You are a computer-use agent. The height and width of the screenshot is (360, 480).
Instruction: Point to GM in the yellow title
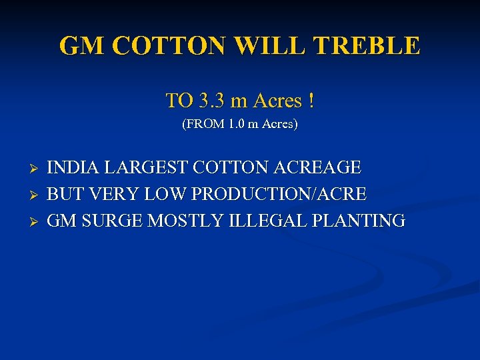pos(83,46)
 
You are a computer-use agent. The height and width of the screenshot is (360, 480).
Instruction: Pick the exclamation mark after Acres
pos(311,101)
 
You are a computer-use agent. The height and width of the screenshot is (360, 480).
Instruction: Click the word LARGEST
pos(143,167)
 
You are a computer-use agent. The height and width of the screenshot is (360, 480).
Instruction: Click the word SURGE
pos(112,221)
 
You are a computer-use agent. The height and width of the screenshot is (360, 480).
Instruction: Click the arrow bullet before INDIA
pos(37,167)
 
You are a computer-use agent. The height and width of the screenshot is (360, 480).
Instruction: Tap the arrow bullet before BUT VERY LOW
pos(37,195)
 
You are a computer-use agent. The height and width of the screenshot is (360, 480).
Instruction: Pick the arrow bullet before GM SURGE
pos(37,221)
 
